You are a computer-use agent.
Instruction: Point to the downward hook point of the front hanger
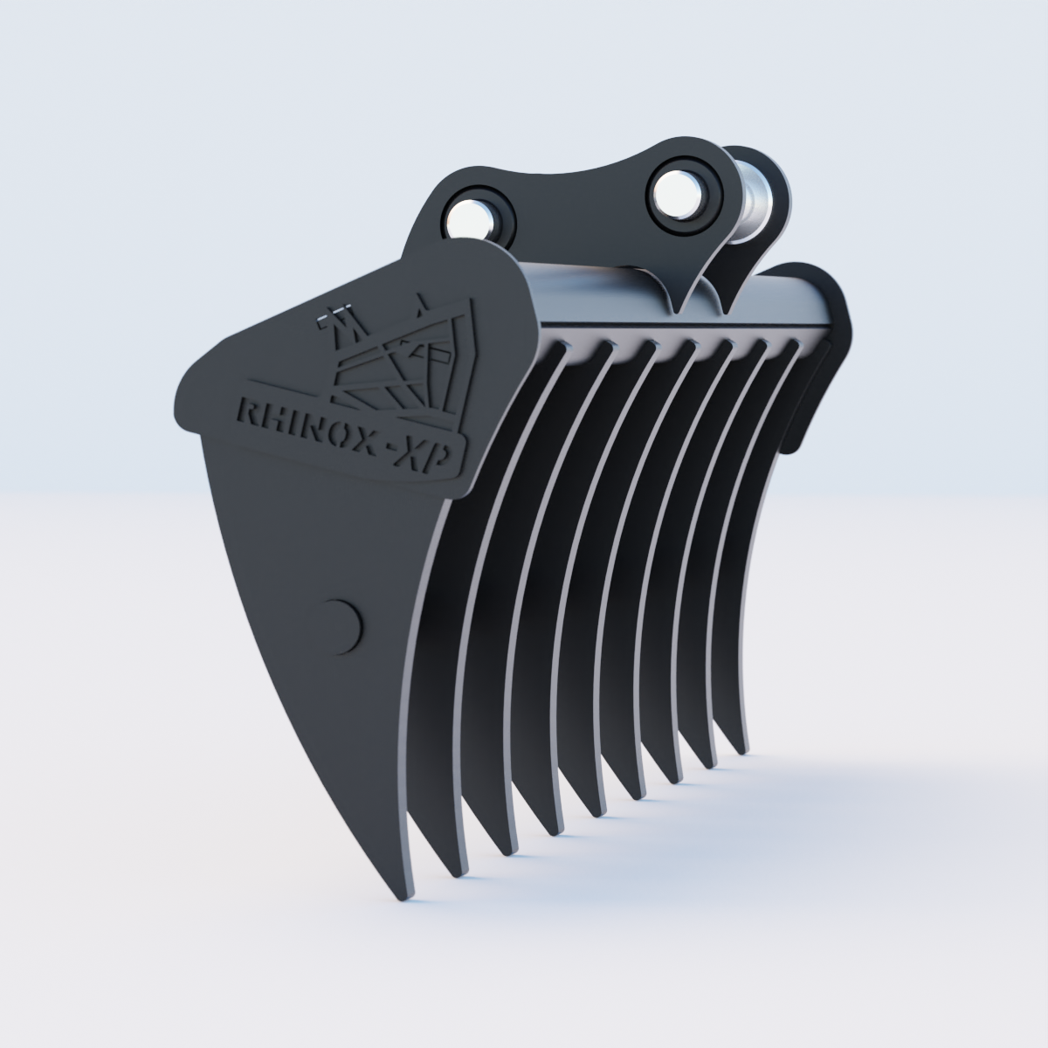tap(679, 306)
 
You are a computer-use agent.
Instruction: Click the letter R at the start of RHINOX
tap(248, 411)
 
